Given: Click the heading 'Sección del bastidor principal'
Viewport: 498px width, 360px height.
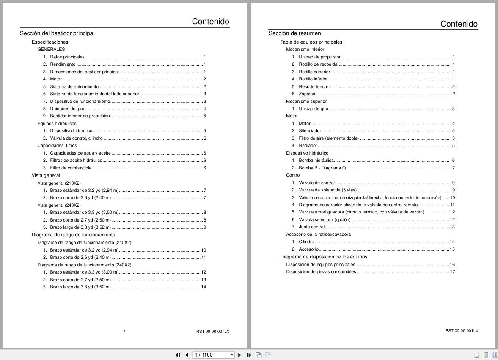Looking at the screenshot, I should (x=57, y=33).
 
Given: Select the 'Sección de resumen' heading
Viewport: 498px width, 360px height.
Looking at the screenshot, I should (x=294, y=33).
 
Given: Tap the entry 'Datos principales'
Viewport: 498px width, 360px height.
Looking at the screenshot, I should (x=67, y=57).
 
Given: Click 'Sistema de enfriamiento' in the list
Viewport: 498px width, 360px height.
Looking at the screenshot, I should (x=74, y=86).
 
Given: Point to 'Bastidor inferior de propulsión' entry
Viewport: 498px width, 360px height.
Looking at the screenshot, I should (x=80, y=116).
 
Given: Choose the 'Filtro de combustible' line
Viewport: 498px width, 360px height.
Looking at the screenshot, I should (x=71, y=168).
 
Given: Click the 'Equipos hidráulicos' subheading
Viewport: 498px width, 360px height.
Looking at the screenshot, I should (x=57, y=123).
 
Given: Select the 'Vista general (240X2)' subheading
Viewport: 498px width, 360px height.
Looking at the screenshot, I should (x=59, y=205).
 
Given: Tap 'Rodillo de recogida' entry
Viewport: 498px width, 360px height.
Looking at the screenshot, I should (x=318, y=64).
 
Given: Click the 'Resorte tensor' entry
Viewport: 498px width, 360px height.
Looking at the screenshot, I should (x=313, y=86).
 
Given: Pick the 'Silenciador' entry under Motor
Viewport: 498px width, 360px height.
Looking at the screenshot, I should (x=310, y=131).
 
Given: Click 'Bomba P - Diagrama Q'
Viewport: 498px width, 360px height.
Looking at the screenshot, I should (x=322, y=168).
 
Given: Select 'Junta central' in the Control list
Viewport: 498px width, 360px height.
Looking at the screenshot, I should (x=311, y=227).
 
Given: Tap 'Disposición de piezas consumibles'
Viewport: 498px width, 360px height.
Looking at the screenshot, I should (x=321, y=272).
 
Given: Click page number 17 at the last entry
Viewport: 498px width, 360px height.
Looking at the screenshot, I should (x=452, y=272).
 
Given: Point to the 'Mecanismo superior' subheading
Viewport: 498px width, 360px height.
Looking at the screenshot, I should (x=306, y=101).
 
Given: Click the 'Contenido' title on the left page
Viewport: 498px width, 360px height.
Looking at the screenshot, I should (x=210, y=22).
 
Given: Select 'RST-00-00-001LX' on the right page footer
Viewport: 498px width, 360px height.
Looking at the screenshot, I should (x=462, y=331).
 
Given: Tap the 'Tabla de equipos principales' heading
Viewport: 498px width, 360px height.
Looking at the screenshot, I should (x=311, y=42).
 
